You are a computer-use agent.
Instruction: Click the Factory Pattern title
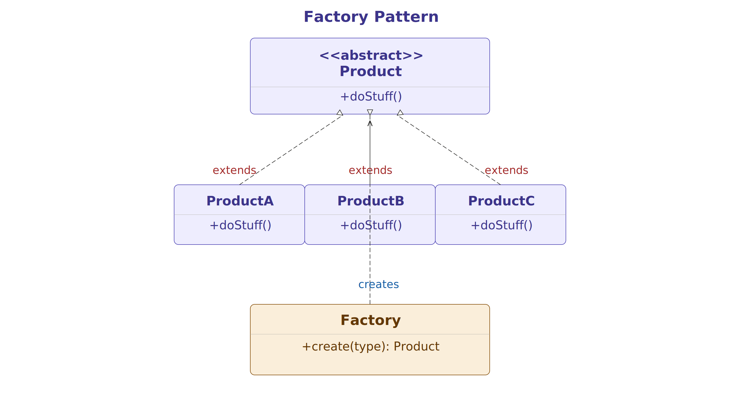coord(371,17)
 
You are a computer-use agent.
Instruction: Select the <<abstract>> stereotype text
coord(371,55)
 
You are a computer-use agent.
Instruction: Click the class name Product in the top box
coord(371,71)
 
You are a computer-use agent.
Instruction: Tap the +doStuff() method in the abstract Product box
coord(371,97)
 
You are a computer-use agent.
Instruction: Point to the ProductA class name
coord(240,201)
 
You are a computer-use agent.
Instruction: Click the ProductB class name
coord(371,201)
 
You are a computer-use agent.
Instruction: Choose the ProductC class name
coord(501,201)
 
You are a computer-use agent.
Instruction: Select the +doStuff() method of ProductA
coord(240,226)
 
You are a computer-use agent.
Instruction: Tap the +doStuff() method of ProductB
coord(371,226)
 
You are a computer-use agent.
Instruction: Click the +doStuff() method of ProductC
coord(501,226)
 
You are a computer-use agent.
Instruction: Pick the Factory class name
coord(371,320)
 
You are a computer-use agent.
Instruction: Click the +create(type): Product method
coord(371,347)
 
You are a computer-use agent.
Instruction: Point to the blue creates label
coord(378,284)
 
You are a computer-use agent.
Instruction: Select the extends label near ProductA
coord(234,170)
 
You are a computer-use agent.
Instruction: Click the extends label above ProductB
coord(370,170)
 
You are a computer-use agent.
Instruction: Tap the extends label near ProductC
coord(506,170)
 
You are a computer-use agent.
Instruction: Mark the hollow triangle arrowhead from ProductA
coord(340,113)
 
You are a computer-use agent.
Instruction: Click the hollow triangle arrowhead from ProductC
coord(400,113)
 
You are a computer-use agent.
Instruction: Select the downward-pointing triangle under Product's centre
coord(370,112)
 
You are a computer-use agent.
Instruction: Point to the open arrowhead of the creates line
coord(370,123)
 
